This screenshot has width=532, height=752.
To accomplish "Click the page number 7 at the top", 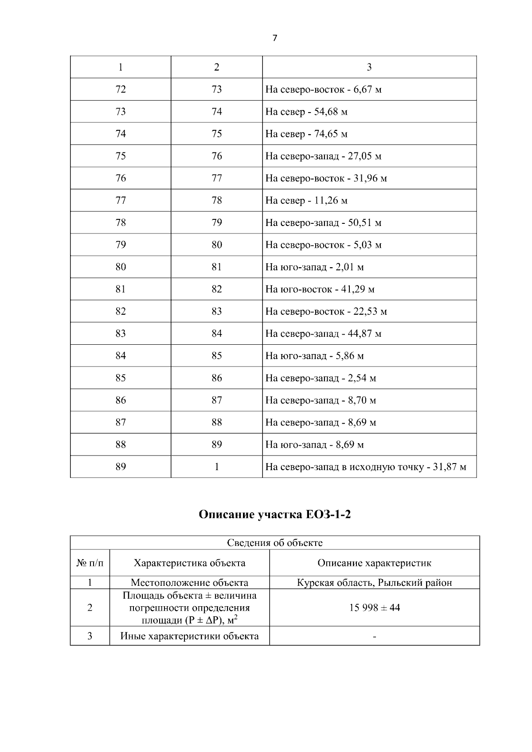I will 274,39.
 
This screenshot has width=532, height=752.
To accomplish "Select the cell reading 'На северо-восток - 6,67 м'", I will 323,90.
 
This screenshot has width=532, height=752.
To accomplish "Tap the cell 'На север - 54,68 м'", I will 306,112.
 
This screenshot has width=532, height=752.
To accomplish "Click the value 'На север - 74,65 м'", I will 306,134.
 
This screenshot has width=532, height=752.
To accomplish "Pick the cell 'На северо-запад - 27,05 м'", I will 323,156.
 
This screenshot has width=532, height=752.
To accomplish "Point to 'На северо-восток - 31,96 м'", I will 326,178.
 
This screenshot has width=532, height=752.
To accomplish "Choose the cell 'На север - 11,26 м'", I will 306,201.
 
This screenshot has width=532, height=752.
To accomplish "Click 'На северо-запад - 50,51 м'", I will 323,223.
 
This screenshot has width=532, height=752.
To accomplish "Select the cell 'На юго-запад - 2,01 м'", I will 314,267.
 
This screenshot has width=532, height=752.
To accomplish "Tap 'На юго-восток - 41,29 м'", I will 320,289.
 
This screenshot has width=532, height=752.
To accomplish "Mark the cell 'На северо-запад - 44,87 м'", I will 323,334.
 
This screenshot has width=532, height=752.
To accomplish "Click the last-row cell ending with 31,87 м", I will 366,467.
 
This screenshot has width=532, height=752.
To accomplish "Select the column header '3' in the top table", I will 369,67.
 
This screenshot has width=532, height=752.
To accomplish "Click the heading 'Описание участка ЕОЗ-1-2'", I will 274,515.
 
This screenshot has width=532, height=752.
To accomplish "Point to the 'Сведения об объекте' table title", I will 275,543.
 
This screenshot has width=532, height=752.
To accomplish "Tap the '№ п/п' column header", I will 90,563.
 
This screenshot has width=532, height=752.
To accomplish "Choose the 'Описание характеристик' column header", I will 374,563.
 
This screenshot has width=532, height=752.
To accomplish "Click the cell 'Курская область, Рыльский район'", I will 374,583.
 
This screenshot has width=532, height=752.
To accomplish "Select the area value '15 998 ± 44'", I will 374,608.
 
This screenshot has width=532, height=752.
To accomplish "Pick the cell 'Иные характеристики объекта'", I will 189,636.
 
